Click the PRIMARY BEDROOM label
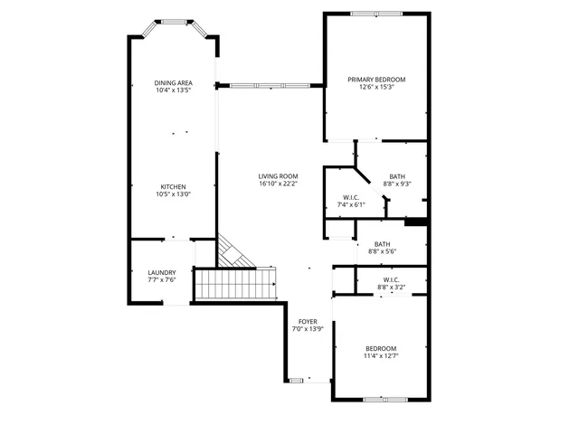[x=376, y=80]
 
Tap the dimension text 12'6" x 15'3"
[x=376, y=89]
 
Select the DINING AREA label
[x=173, y=83]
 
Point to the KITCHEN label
[x=173, y=186]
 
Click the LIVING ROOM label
[x=278, y=176]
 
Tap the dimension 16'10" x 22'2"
[x=278, y=184]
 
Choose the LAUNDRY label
[x=162, y=272]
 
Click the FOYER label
[x=308, y=322]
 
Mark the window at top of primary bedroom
[x=376, y=14]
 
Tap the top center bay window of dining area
[x=172, y=20]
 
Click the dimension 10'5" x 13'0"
[x=173, y=194]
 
